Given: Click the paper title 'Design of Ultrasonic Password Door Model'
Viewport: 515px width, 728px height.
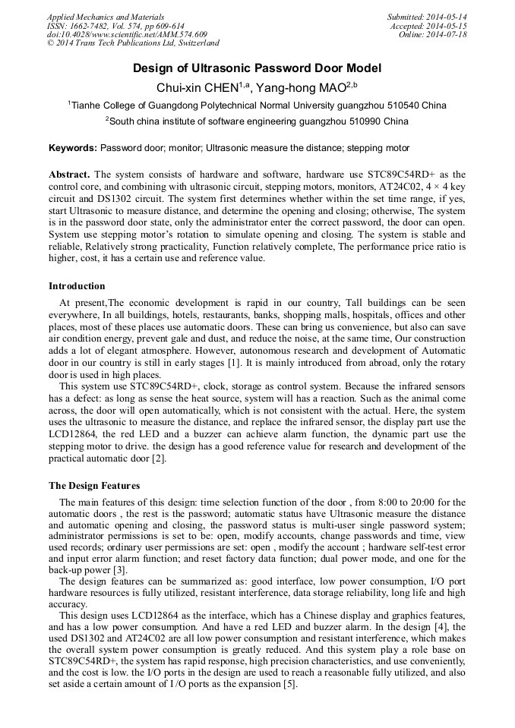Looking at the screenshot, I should click(257, 68).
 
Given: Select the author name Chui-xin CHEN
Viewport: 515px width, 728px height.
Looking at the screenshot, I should click(198, 88).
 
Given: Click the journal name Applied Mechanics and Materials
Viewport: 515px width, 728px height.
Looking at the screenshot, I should click(105, 17).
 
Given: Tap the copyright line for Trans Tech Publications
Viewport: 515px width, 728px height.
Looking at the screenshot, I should click(133, 43).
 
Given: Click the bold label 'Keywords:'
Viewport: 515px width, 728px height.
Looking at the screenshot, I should click(73, 148).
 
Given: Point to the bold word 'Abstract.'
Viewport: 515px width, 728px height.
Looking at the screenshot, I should click(69, 174).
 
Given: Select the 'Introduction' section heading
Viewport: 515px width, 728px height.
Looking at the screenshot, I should click(77, 286).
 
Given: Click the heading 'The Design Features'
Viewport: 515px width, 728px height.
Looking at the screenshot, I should click(94, 485).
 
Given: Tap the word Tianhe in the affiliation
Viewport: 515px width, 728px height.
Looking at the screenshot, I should click(86, 106).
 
